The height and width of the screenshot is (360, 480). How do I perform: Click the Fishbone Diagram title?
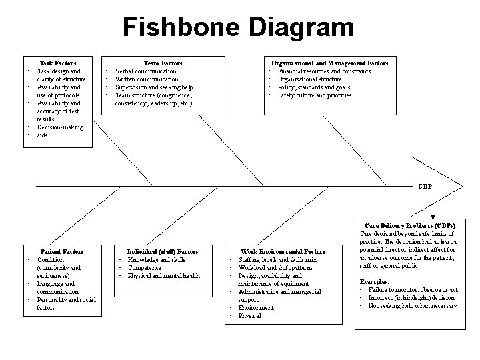pyautogui.click(x=239, y=28)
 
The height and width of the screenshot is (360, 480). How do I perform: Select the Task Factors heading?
pyautogui.click(x=58, y=63)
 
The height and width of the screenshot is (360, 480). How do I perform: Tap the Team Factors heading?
pyautogui.click(x=163, y=63)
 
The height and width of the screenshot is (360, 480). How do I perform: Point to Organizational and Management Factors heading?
pyautogui.click(x=329, y=63)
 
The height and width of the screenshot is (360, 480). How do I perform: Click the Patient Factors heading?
pyautogui.click(x=61, y=251)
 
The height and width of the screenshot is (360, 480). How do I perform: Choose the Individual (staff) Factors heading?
pyautogui.click(x=163, y=251)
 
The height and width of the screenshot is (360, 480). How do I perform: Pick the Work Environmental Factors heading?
pyautogui.click(x=283, y=251)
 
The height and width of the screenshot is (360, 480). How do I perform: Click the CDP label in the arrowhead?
pyautogui.click(x=425, y=186)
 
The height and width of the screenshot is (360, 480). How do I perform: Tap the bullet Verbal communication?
pyautogui.click(x=146, y=71)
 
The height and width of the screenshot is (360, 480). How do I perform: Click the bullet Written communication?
pyautogui.click(x=147, y=79)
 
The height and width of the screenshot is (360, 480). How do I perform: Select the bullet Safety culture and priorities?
pyautogui.click(x=314, y=95)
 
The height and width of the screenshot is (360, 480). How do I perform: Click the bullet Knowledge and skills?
pyautogui.click(x=157, y=259)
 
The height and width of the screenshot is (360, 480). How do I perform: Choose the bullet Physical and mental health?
pyautogui.click(x=163, y=275)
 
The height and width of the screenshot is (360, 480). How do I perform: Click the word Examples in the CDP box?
pyautogui.click(x=373, y=282)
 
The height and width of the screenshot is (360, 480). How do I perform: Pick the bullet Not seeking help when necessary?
pyautogui.click(x=413, y=306)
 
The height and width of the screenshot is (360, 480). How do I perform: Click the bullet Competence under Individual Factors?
pyautogui.click(x=144, y=267)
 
